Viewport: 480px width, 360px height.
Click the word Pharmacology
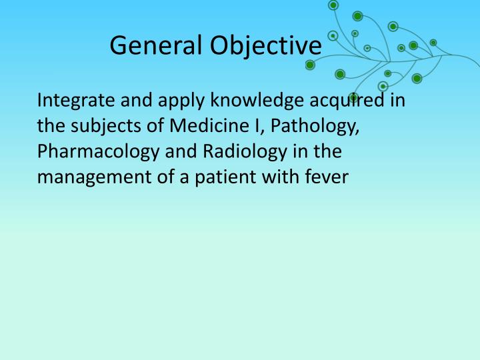[x=99, y=152]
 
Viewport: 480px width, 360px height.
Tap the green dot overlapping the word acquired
[x=353, y=97]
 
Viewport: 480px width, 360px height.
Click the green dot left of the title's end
[x=310, y=65]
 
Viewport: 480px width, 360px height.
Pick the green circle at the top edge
[x=333, y=5]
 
